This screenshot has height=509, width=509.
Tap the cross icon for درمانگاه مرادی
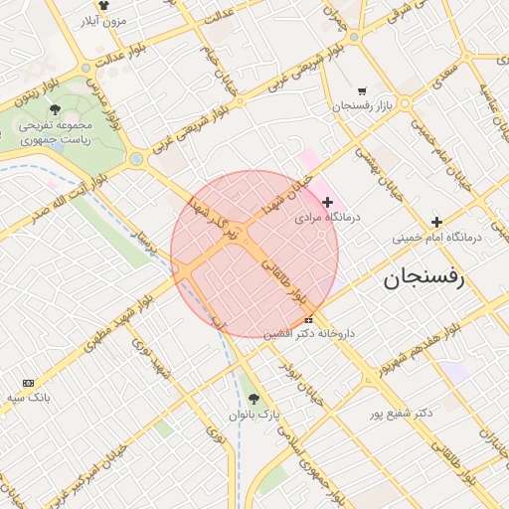328,202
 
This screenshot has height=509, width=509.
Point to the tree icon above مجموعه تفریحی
54,110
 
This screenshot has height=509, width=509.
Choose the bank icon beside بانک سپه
27,383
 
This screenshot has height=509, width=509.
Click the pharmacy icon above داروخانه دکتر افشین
308,320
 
